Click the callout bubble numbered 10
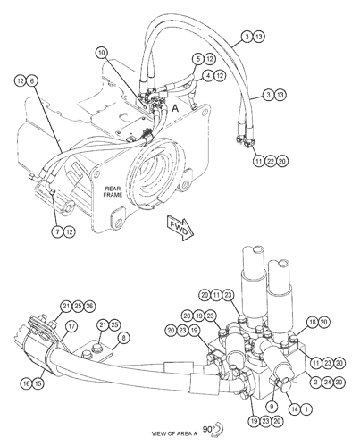[x=102, y=53]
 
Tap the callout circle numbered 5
[x=198, y=59]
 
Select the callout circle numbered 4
[x=208, y=76]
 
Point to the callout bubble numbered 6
[x=32, y=80]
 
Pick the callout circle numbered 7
[x=57, y=231]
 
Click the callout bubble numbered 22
[x=271, y=161]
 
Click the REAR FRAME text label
[x=113, y=191]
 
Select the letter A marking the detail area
[x=175, y=109]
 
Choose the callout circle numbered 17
[x=71, y=326]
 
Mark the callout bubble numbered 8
[x=124, y=338]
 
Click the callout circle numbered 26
[x=89, y=306]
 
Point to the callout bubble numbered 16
[x=27, y=383]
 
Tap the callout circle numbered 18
[x=313, y=322]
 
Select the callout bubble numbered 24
[x=327, y=382]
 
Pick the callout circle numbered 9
[x=272, y=406]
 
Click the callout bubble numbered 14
[x=295, y=409]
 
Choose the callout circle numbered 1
[x=306, y=409]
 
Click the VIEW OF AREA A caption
[x=174, y=433]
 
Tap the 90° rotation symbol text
[x=209, y=429]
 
